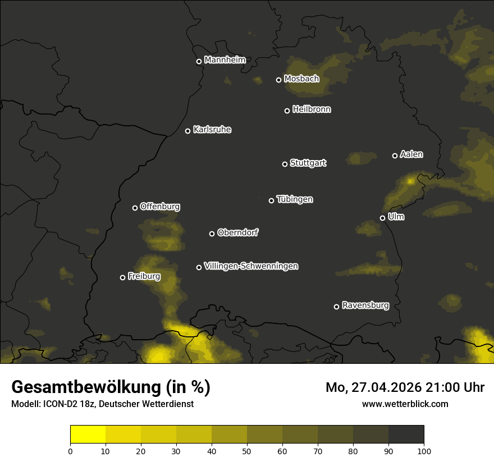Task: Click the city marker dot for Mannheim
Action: (199, 62)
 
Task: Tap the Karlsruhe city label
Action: (212, 130)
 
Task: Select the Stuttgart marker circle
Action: (285, 164)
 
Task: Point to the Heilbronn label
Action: (312, 109)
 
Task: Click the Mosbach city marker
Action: (278, 80)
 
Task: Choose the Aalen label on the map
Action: (411, 154)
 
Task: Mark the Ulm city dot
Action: (382, 218)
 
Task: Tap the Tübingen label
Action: (295, 199)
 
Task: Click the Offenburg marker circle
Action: (135, 208)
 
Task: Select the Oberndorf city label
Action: (237, 232)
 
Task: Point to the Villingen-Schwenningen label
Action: (251, 266)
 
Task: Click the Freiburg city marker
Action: (122, 277)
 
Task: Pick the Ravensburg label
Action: (365, 305)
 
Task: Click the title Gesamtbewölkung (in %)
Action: (111, 387)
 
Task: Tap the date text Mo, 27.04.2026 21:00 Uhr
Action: (405, 387)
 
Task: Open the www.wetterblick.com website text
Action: (405, 404)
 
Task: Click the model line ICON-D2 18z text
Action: (102, 404)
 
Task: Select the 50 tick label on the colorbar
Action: (247, 450)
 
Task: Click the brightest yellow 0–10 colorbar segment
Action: (88, 435)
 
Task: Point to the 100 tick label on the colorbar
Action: (424, 450)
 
